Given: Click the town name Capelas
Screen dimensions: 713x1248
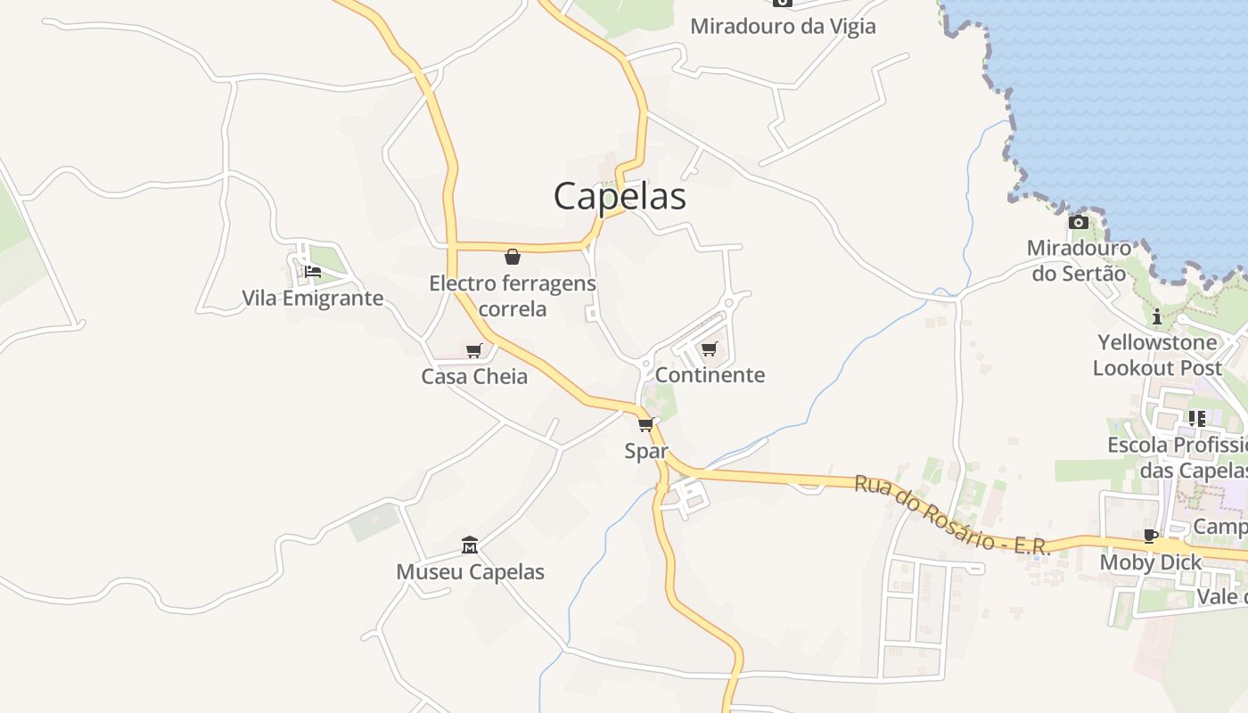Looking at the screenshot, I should click(620, 196).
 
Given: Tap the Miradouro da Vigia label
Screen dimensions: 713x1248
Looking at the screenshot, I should click(783, 26).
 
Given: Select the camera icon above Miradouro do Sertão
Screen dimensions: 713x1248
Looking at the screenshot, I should click(1079, 222).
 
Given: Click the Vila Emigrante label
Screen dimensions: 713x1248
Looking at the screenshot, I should click(313, 298).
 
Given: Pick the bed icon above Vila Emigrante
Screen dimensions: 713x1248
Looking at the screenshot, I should click(313, 272).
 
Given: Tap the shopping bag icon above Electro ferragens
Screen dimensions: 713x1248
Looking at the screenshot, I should click(513, 257).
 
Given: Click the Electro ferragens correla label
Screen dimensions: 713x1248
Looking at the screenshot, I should click(513, 296).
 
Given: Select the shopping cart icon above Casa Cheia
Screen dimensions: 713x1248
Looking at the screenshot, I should click(474, 350).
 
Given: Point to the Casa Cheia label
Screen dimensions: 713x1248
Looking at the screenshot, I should click(474, 376).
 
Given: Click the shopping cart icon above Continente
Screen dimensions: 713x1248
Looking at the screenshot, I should click(710, 348).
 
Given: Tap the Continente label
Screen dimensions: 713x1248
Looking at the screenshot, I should click(710, 374).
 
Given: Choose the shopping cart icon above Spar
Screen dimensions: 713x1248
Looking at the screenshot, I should click(646, 424).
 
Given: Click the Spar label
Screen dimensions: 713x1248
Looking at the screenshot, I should click(646, 451).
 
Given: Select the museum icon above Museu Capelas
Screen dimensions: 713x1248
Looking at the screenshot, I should click(470, 545).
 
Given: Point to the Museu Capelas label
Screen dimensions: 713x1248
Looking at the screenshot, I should click(470, 571).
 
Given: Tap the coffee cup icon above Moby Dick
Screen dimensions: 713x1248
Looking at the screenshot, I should click(1151, 536).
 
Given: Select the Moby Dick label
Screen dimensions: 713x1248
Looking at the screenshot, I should click(1151, 562).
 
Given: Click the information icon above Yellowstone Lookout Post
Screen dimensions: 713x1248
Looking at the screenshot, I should click(1157, 316).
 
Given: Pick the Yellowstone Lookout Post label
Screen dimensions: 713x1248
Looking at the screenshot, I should click(1157, 355).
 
